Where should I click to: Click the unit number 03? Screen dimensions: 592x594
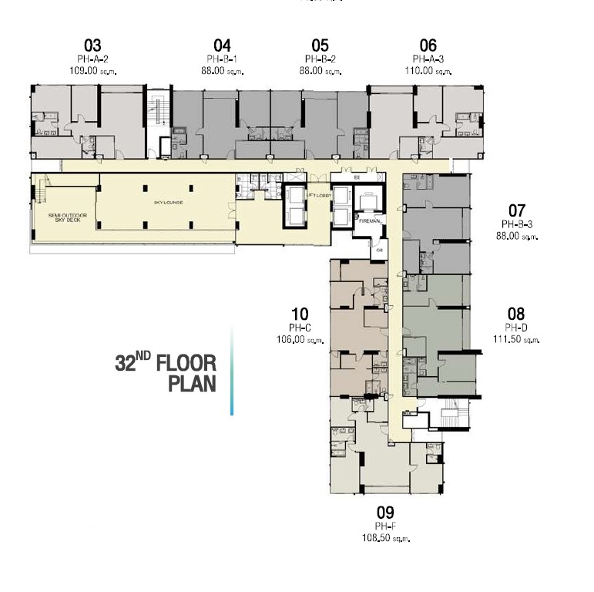pos(92,45)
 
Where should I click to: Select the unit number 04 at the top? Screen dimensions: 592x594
pos(222,45)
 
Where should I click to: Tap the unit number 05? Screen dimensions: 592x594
pos(320,45)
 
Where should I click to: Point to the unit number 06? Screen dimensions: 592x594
pos(428,45)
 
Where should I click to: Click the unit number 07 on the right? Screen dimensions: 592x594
pos(516,210)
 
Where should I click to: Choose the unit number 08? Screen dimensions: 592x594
pos(516,314)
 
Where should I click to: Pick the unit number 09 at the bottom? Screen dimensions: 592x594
pos(385,513)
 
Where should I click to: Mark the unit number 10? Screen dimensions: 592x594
pos(300,314)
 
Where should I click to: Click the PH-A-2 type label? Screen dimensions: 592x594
pos(92,59)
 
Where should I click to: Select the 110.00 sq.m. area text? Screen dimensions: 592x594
pos(431,71)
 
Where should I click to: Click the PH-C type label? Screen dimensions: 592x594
pos(300,328)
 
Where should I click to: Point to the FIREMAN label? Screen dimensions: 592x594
pos(371,221)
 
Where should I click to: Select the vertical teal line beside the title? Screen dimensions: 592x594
pos(232,370)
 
